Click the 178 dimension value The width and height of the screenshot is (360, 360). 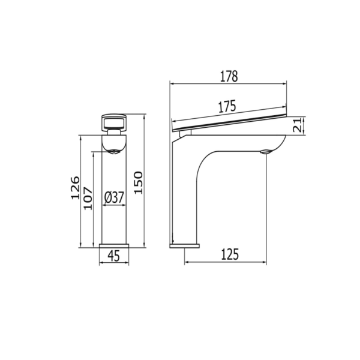click(229, 76)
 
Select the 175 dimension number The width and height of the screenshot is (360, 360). click(226, 107)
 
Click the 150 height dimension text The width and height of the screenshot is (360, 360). click(137, 181)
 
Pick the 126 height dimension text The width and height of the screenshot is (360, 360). click(74, 188)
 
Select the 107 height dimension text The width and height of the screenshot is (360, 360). click(88, 198)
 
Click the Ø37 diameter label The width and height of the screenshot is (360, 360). click(113, 196)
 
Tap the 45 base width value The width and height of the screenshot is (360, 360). click(113, 256)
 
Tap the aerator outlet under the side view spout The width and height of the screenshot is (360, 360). click(265, 151)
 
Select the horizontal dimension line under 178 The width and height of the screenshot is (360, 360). click(228, 84)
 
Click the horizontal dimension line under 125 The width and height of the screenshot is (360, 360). click(226, 262)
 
